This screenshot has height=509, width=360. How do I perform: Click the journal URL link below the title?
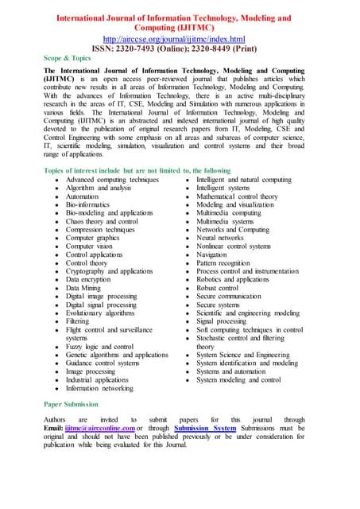click(180, 38)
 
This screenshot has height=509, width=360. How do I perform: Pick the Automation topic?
click(83, 195)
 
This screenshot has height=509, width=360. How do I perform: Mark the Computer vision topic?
click(89, 246)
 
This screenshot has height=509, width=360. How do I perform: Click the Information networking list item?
click(99, 389)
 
